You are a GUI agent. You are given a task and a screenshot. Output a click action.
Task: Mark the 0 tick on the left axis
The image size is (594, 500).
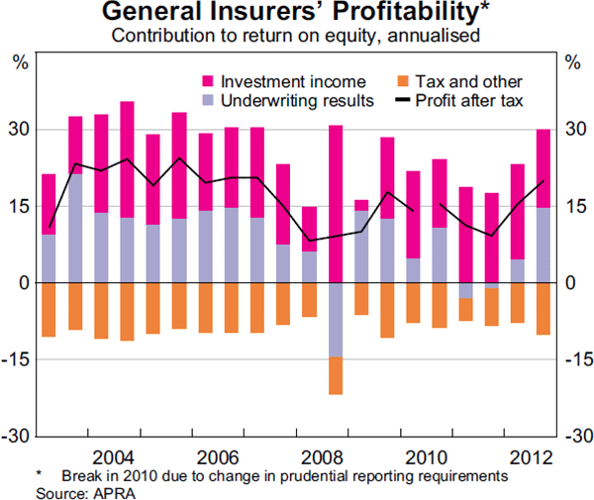(27, 283)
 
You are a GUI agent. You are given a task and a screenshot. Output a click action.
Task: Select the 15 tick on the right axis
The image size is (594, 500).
(574, 206)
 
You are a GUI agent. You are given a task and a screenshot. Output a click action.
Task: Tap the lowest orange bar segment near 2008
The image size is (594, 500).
(335, 375)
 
